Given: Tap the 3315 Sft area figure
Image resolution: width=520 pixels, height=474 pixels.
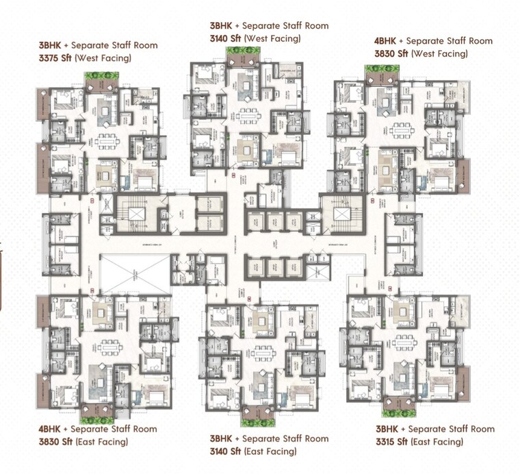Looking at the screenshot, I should coord(393,442).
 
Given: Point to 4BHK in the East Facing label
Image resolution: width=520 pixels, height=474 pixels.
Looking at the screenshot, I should coord(50,429).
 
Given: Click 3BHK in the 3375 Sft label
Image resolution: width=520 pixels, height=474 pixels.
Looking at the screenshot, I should coord(49,46).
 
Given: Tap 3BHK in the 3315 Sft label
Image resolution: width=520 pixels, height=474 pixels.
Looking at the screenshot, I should coord(387,429).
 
